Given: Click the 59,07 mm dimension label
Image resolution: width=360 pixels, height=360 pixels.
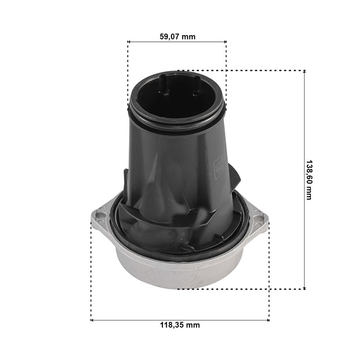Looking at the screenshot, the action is point(177,36).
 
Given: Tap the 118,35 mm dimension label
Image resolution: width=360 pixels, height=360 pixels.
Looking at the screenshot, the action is point(180,325).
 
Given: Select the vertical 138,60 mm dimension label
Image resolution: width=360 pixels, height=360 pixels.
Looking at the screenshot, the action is point(310,180).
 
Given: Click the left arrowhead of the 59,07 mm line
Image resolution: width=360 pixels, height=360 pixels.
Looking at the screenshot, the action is point(129,42).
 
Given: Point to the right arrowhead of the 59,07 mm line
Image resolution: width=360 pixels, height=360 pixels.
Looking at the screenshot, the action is point(225,42).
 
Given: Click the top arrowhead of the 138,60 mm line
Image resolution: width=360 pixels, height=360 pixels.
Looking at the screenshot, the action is point(305,72).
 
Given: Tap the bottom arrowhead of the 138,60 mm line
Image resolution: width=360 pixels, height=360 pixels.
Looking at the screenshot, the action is point(305,288).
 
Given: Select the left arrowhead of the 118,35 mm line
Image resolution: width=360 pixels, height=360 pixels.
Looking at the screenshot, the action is point(93,320).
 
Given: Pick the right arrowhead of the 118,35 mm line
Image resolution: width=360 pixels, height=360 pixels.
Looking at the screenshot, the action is point(268,320).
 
